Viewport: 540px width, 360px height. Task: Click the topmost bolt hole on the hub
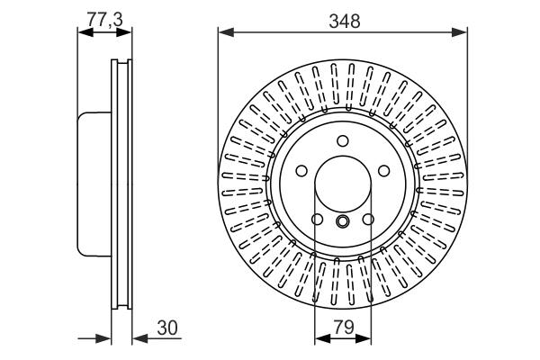342,139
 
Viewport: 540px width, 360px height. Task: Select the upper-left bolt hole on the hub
301,170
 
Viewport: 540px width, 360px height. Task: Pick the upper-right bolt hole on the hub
382,170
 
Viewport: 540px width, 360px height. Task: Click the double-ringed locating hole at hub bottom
342,222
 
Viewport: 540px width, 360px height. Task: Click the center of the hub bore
342,184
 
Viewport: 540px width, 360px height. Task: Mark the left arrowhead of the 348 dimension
224,32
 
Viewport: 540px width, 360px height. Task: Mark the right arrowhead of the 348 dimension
461,32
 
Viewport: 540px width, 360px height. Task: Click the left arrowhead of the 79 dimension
320,338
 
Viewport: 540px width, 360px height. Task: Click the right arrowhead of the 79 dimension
364,338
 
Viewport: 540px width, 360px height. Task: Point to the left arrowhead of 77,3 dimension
85,32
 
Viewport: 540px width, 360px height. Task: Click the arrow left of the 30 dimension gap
103,338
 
